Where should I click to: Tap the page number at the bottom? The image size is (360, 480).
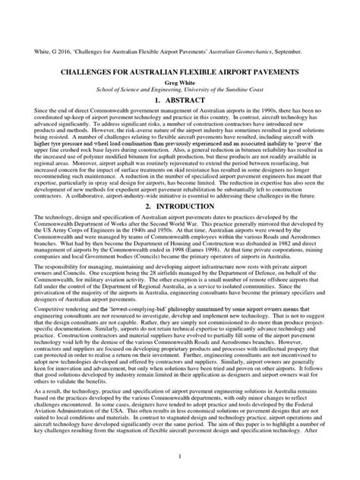coord(180,455)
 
